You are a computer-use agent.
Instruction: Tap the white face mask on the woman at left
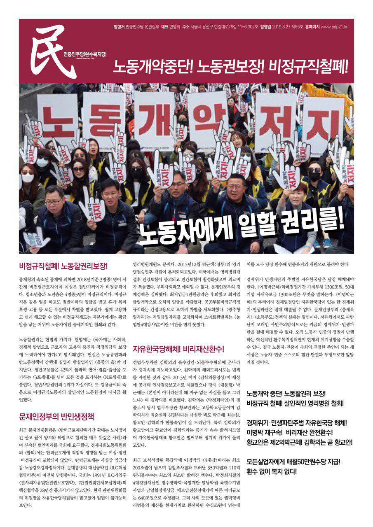[28, 177]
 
